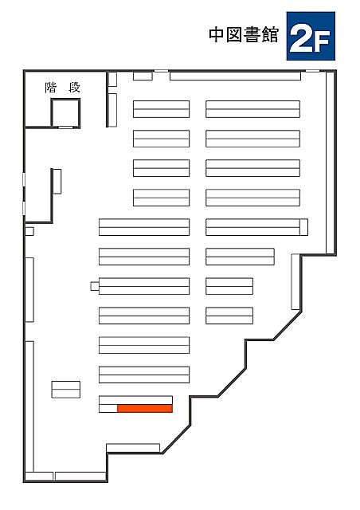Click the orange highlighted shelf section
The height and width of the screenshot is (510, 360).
coord(145,408)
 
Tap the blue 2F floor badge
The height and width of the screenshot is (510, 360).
coord(311,36)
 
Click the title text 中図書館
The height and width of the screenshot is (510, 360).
coord(244,35)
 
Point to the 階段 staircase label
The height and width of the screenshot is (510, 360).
coord(62,88)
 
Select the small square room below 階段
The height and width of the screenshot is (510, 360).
coord(65,113)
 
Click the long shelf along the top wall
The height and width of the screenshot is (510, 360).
coord(235,76)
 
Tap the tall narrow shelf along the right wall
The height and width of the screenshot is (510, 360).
coord(330,163)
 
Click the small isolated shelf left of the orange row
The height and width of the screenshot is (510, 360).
coord(65,390)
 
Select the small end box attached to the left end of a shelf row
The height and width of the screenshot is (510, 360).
coord(95,286)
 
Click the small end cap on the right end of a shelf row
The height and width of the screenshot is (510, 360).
coord(303,227)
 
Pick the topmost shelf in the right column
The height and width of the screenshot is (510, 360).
coord(252,109)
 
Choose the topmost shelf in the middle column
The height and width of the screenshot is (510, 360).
coord(162,109)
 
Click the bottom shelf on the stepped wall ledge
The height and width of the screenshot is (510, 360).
coord(133,448)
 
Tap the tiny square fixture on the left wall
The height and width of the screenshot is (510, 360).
coord(29,231)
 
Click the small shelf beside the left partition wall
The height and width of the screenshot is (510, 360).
coord(57,182)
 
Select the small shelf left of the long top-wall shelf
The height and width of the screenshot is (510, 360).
coord(143,76)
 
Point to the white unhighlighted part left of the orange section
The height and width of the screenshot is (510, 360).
coord(108,408)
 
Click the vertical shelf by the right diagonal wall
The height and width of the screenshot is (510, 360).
coord(295,281)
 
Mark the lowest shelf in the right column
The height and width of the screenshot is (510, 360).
coord(229,316)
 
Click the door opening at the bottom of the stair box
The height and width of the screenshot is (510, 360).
coord(65,127)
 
